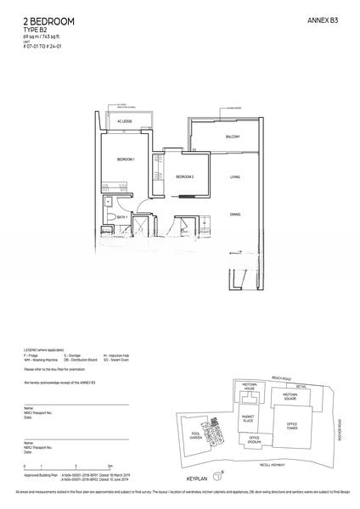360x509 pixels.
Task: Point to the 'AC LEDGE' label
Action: [125, 122]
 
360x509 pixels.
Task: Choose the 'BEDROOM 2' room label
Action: [185, 176]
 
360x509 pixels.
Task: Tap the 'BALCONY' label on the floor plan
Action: [233, 137]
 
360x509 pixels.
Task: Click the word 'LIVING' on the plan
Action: [235, 176]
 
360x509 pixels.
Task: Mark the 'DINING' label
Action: [235, 214]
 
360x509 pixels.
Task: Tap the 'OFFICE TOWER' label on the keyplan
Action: [292, 425]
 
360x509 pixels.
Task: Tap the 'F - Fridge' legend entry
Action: [34, 355]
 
